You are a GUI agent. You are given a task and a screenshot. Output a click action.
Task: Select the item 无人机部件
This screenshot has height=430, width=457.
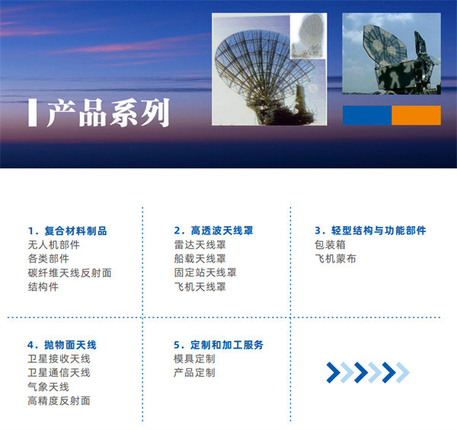(x=53, y=245)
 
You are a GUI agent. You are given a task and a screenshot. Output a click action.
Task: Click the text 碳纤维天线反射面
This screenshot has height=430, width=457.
(x=69, y=272)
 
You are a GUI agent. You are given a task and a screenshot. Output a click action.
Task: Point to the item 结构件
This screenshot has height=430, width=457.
(x=43, y=287)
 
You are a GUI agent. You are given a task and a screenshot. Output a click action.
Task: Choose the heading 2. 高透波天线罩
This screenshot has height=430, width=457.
(x=213, y=231)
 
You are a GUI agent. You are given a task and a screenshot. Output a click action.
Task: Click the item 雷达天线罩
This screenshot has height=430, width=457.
(x=200, y=245)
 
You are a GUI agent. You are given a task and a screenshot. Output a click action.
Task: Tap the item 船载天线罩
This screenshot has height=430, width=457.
(x=200, y=259)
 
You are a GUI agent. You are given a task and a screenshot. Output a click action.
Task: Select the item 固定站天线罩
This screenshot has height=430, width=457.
(x=205, y=272)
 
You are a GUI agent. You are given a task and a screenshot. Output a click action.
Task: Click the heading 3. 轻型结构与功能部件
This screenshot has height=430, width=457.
(x=370, y=231)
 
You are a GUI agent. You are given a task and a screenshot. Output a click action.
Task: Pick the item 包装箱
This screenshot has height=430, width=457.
(x=330, y=245)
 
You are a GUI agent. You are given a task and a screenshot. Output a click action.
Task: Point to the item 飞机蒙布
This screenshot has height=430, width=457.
(x=335, y=259)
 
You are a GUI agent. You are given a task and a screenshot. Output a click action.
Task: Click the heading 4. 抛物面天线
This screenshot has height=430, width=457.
(x=62, y=345)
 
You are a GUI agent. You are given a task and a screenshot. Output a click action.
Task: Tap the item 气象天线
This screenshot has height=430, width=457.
(x=48, y=387)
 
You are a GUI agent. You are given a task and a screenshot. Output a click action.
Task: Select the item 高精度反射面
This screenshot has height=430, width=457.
(x=59, y=400)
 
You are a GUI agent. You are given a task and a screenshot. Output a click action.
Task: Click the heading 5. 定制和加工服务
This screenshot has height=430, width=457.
(x=219, y=345)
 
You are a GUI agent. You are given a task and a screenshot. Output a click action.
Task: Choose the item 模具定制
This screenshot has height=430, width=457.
(x=194, y=358)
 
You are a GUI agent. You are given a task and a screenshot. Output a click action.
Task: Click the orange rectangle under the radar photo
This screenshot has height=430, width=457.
(x=416, y=115)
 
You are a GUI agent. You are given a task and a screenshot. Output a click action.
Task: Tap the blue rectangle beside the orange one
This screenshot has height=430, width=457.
(x=366, y=115)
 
